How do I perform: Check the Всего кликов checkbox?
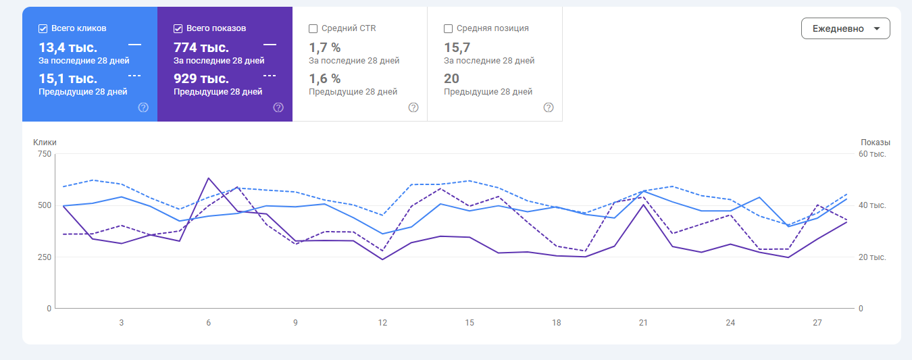(x=43, y=28)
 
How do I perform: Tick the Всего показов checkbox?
(x=178, y=28)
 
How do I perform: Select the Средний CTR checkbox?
(x=313, y=28)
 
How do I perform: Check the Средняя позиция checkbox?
(x=449, y=28)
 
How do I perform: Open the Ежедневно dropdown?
(x=845, y=28)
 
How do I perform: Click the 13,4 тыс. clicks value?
(x=68, y=47)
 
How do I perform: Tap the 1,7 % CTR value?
(x=325, y=47)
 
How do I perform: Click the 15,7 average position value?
(x=457, y=47)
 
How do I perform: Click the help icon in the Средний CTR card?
(x=413, y=107)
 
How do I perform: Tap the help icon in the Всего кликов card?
(x=143, y=107)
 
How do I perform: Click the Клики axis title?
(x=45, y=143)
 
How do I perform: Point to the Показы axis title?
(x=876, y=143)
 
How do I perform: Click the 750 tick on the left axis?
(x=45, y=154)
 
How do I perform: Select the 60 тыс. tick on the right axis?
(x=872, y=154)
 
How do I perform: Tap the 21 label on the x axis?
(x=643, y=323)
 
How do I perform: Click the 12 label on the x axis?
(x=382, y=323)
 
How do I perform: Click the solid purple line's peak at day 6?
(x=209, y=178)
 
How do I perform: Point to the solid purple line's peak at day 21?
(x=643, y=204)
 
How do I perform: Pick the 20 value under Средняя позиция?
(x=451, y=78)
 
